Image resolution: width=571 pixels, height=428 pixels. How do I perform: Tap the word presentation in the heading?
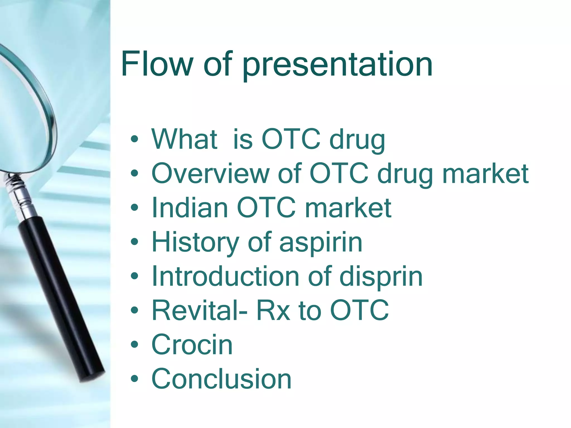337,65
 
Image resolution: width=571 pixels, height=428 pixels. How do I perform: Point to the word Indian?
190,208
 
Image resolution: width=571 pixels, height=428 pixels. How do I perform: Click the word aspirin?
321,242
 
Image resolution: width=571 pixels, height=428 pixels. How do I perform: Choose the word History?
195,242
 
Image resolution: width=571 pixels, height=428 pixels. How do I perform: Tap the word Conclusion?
221,379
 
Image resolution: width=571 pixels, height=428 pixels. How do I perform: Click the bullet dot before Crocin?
134,345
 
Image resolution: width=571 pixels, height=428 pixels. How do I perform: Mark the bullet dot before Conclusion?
134,379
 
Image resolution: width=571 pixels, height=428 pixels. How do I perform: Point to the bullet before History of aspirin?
134,242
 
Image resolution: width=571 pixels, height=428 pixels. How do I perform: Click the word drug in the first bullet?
357,139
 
